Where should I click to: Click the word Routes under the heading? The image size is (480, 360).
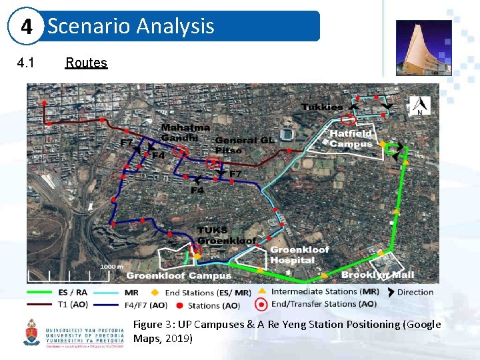[86, 63]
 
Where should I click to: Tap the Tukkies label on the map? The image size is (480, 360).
[322, 107]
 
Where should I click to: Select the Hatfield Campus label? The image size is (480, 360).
[351, 139]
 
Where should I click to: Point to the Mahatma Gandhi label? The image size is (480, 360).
[185, 132]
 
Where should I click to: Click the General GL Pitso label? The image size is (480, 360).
[245, 145]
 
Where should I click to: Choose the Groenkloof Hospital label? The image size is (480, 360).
[299, 255]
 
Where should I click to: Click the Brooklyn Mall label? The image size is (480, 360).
[377, 275]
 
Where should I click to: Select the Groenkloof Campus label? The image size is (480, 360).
[179, 275]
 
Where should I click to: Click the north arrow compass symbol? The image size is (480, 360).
[419, 105]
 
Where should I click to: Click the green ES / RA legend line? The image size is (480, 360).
[41, 292]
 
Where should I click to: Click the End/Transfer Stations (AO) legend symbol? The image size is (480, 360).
[262, 304]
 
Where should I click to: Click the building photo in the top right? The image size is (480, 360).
[423, 47]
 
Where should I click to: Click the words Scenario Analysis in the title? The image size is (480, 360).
[131, 26]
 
